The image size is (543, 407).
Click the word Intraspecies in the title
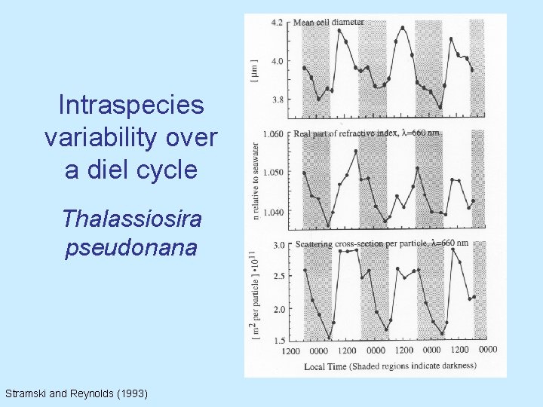[131, 105]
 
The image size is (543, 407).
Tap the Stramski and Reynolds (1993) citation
[76, 393]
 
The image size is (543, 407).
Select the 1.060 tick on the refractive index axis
[273, 134]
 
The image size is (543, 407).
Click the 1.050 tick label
[273, 173]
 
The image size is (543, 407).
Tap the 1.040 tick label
[273, 212]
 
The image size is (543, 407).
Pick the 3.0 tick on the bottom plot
[278, 245]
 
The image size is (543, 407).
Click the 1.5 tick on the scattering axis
[278, 340]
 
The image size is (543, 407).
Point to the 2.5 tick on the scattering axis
[278, 277]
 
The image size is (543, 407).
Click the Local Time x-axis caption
[389, 366]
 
